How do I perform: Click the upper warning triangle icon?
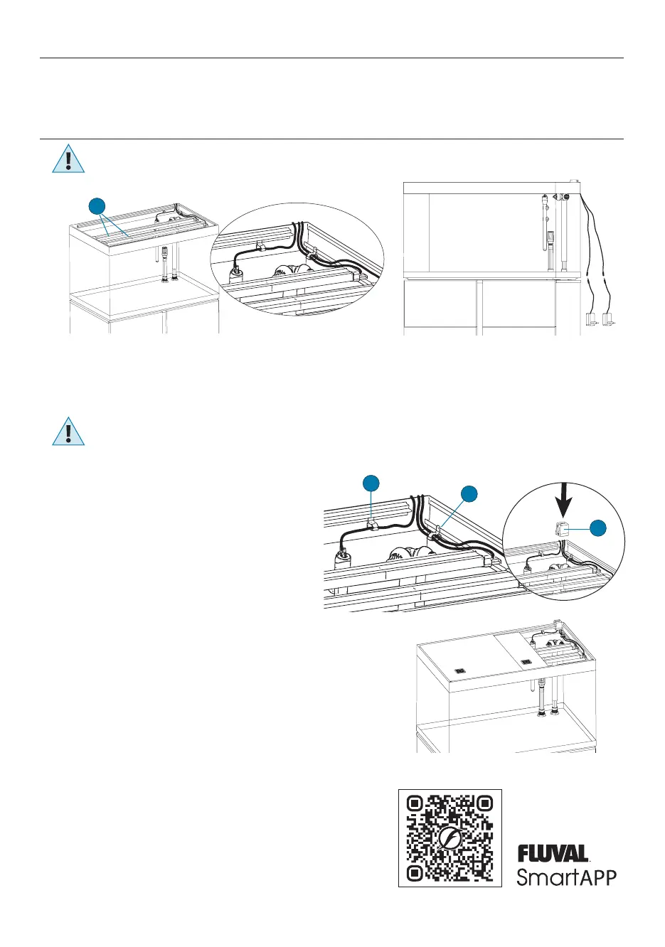pyautogui.click(x=68, y=159)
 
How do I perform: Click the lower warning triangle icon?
pyautogui.click(x=68, y=432)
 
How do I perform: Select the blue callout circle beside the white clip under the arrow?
pyautogui.click(x=600, y=528)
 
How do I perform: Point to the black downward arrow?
pyautogui.click(x=564, y=500)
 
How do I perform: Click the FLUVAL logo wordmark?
pyautogui.click(x=553, y=853)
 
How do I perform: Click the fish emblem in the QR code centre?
pyautogui.click(x=449, y=839)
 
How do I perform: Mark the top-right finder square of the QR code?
pyautogui.click(x=484, y=804)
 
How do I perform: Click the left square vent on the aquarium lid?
pyautogui.click(x=459, y=669)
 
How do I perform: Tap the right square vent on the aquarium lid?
pyautogui.click(x=526, y=662)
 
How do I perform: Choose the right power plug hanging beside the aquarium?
pyautogui.click(x=608, y=320)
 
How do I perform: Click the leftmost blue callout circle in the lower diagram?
pyautogui.click(x=370, y=483)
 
